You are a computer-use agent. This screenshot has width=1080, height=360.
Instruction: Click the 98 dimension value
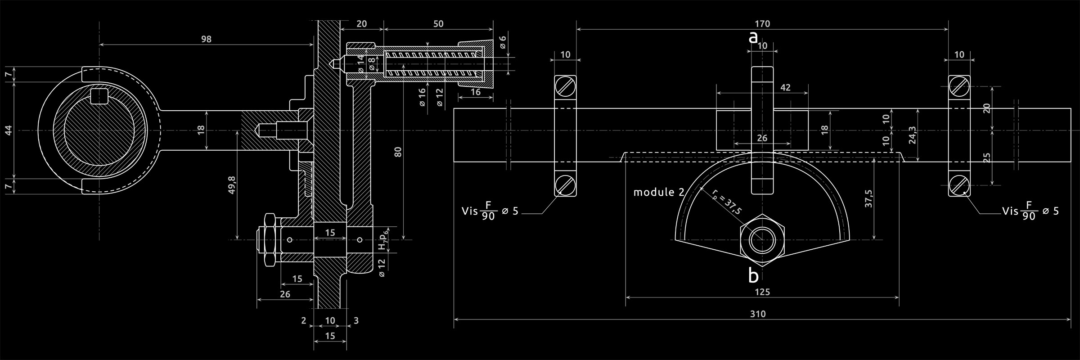click(x=206, y=39)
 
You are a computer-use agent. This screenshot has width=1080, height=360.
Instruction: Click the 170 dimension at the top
click(x=762, y=23)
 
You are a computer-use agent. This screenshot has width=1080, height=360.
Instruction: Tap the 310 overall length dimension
click(x=758, y=314)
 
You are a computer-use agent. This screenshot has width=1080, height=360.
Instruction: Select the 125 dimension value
click(x=762, y=292)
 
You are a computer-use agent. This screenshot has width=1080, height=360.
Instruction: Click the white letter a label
click(x=753, y=37)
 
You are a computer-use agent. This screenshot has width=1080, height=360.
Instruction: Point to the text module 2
click(x=659, y=192)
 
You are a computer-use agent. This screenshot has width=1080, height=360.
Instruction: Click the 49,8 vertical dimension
click(x=232, y=184)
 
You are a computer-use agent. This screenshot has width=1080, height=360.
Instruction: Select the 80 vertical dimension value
click(x=398, y=152)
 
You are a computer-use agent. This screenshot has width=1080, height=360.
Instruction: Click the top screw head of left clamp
click(x=565, y=86)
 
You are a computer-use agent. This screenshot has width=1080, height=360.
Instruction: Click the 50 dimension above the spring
click(x=438, y=23)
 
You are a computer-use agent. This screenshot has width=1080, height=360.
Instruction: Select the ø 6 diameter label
click(x=503, y=42)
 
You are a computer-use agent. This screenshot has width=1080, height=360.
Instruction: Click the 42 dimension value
click(x=785, y=87)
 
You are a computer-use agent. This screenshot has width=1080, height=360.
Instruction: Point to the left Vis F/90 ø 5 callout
click(x=490, y=211)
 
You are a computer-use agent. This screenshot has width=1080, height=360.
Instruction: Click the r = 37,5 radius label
click(x=726, y=202)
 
